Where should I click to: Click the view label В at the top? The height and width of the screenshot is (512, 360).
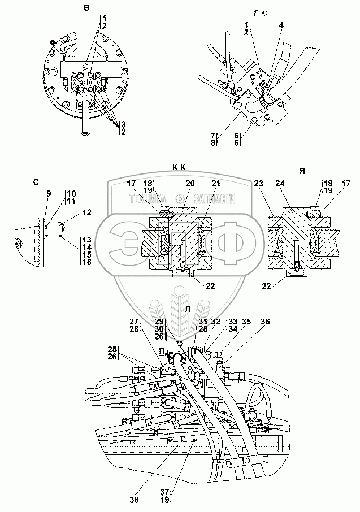[86, 7]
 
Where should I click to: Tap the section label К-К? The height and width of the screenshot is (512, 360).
[181, 167]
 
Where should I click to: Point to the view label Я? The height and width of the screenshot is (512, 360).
[302, 170]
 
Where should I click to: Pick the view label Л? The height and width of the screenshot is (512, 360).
[187, 308]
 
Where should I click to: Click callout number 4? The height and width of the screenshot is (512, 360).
[281, 25]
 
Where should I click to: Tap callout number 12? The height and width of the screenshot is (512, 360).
[86, 212]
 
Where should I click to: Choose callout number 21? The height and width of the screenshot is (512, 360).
[215, 183]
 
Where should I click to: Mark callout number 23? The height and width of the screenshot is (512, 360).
[274, 183]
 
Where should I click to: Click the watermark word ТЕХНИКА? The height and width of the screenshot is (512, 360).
[147, 198]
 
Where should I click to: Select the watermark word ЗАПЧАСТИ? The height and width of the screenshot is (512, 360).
[214, 198]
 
